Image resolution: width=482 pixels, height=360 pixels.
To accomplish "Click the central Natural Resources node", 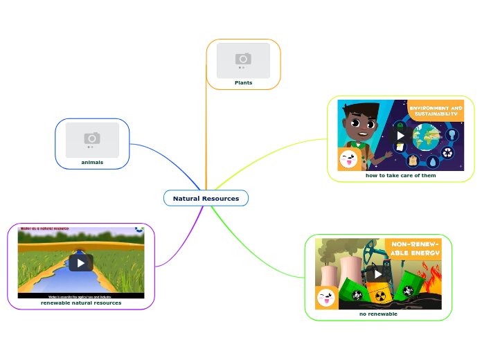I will click(x=206, y=199).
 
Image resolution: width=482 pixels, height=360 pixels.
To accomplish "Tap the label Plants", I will click(x=243, y=82).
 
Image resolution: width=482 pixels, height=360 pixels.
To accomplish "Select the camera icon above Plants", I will click(x=243, y=59).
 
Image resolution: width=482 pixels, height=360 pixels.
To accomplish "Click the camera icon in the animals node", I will click(x=92, y=138).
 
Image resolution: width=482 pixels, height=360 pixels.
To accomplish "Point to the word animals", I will click(x=92, y=162).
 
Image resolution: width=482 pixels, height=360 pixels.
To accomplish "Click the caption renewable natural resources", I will click(x=81, y=303).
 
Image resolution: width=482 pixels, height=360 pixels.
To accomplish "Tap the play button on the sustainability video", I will click(x=400, y=135).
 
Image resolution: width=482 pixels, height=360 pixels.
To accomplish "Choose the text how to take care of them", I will click(x=400, y=175).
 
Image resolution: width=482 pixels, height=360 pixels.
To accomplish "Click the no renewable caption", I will click(x=378, y=314).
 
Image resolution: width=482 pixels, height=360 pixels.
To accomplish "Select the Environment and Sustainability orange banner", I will click(x=436, y=111).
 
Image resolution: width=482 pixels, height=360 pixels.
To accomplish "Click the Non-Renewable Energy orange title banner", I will click(x=415, y=249).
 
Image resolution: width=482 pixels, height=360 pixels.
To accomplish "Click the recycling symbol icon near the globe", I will click(x=448, y=153).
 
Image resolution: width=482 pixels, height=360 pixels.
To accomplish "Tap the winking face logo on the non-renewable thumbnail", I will click(x=326, y=298).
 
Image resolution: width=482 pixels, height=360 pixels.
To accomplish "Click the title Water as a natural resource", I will click(x=44, y=228).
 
